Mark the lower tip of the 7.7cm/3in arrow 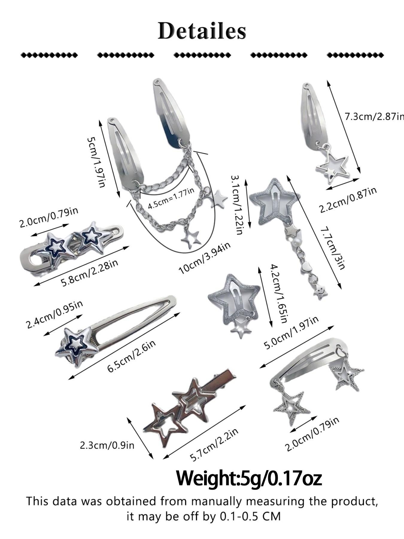[x=341, y=289]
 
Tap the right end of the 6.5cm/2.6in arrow [x=180, y=313]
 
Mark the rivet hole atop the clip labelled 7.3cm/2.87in [x=306, y=86]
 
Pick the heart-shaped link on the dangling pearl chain [x=305, y=266]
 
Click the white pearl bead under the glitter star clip [x=291, y=240]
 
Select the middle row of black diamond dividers [x=202, y=55]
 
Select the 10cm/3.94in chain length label [x=205, y=258]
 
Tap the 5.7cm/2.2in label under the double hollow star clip [x=215, y=445]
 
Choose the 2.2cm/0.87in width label [x=348, y=200]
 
